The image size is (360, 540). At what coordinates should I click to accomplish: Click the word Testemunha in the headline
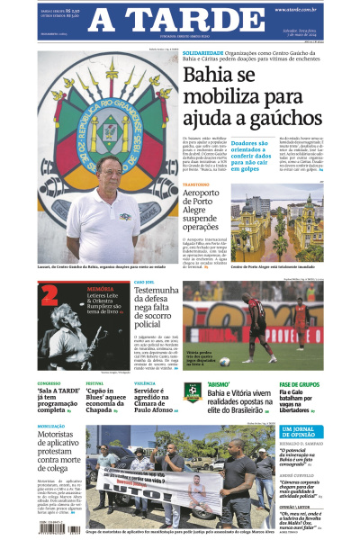click(157, 292)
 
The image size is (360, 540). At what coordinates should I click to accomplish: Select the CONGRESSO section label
click(49, 383)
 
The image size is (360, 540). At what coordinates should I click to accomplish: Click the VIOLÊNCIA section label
click(145, 383)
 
